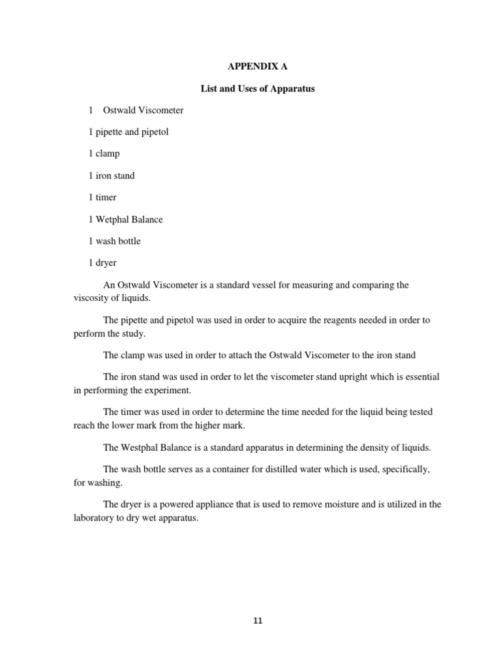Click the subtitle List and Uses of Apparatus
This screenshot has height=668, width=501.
257,89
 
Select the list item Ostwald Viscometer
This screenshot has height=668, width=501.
143,110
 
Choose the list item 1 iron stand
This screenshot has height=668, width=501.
112,175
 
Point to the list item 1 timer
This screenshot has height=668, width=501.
103,197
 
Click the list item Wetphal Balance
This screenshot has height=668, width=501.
129,219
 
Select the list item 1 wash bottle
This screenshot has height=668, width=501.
115,241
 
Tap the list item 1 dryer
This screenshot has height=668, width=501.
104,262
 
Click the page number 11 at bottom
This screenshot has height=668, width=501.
257,620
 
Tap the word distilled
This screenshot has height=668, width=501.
281,470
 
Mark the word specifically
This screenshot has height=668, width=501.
405,470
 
